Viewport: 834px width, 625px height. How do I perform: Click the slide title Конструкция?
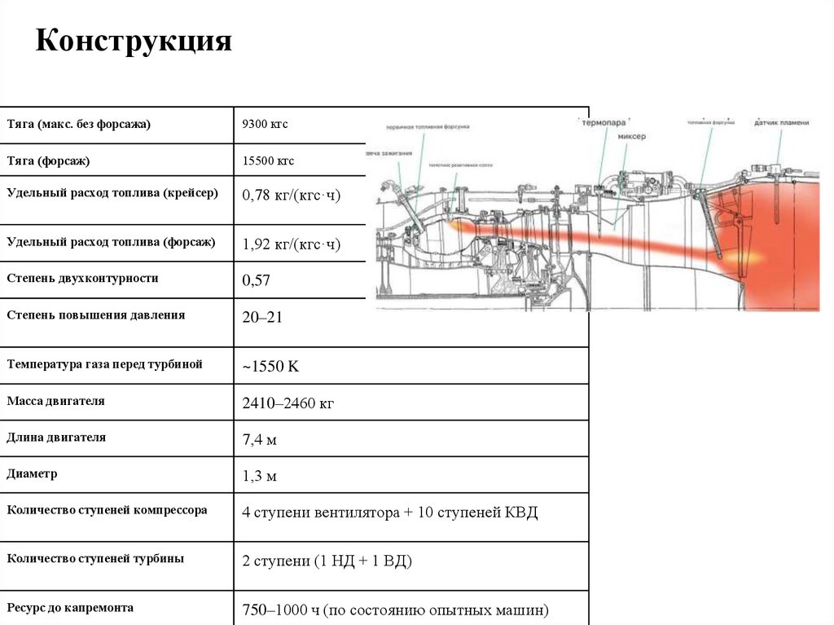click(134, 42)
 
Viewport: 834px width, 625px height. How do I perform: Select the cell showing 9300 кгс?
click(265, 125)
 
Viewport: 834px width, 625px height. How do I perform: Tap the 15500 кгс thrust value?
click(268, 161)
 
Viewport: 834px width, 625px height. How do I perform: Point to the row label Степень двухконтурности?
click(82, 278)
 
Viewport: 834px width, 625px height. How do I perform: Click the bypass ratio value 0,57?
click(256, 281)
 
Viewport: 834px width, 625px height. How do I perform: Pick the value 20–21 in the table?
click(262, 318)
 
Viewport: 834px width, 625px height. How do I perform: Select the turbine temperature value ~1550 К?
click(270, 367)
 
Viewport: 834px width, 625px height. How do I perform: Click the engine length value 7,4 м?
click(260, 440)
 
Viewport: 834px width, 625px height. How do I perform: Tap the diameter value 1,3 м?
click(260, 476)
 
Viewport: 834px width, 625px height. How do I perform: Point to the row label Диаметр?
click(32, 473)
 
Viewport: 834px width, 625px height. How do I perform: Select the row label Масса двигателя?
click(56, 401)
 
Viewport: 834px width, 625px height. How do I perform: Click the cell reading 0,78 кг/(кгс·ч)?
click(291, 196)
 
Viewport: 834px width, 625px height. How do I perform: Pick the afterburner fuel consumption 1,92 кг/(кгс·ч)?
click(291, 244)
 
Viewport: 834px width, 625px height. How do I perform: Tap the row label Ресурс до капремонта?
click(70, 608)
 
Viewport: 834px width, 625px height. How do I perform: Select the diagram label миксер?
click(631, 137)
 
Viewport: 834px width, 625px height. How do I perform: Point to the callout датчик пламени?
click(781, 123)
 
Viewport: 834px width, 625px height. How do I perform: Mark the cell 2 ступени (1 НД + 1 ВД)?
click(327, 562)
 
